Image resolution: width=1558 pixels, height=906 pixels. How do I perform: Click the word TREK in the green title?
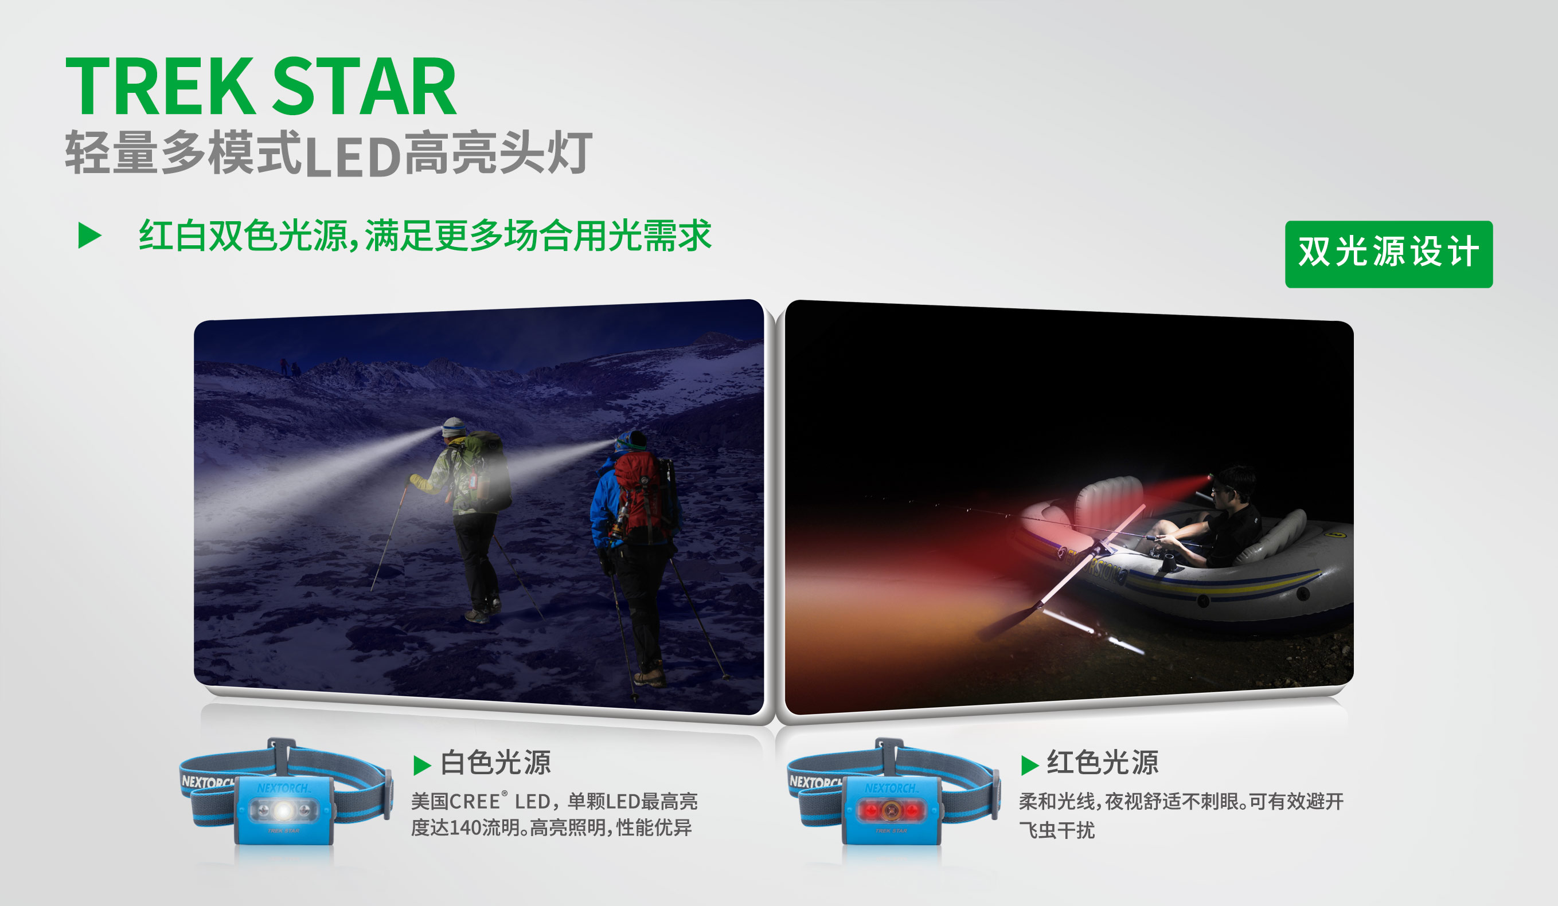tap(160, 86)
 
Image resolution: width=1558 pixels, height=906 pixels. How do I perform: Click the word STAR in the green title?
tap(364, 86)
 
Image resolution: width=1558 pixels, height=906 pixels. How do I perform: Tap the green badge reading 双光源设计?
tap(1389, 254)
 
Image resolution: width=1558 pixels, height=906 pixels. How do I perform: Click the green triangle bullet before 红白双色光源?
tap(89, 236)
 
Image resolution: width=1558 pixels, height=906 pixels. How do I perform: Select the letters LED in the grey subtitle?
tap(353, 157)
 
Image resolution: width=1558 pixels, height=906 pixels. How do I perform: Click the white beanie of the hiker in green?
tap(454, 426)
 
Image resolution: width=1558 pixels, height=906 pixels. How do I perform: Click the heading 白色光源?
tap(495, 763)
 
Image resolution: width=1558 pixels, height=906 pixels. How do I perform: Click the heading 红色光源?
tap(1102, 763)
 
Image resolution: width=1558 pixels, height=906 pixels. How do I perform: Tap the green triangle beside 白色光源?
tap(421, 765)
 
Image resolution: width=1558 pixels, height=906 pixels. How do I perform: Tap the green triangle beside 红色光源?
tap(1029, 765)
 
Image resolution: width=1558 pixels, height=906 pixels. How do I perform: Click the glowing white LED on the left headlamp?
tap(284, 810)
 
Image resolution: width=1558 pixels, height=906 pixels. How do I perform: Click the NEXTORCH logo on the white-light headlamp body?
tap(283, 789)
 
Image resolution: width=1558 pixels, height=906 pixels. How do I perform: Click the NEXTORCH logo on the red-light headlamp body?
tap(891, 789)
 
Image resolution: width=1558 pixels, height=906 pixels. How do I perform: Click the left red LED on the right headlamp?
tap(871, 810)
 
